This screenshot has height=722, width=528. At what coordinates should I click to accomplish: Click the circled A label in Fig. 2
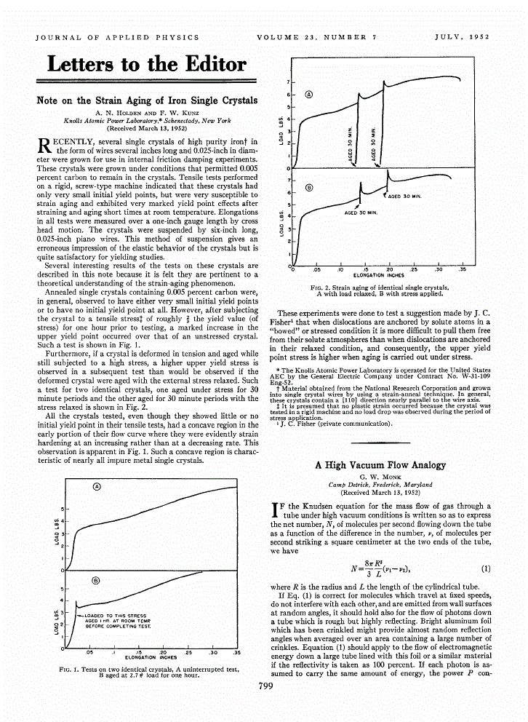coord(308,94)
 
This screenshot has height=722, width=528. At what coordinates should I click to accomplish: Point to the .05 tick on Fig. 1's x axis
coord(89,652)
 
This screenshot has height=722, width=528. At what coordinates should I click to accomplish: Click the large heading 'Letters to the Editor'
coord(146,63)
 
